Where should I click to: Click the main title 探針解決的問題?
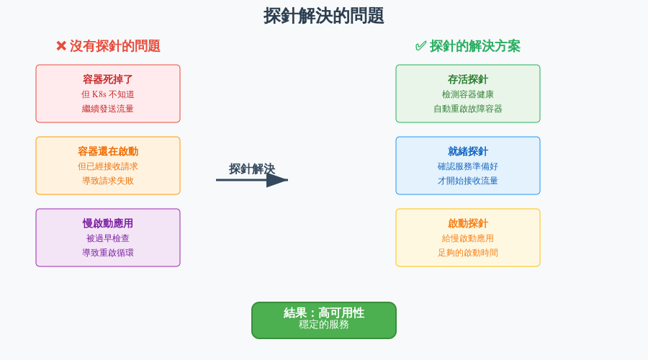tap(324, 16)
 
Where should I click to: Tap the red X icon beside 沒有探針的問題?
tap(61, 46)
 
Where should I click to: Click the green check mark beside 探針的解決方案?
tap(420, 46)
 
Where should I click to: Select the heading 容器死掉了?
tap(108, 79)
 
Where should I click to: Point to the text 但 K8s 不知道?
tap(108, 94)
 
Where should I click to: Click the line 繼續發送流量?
tap(108, 109)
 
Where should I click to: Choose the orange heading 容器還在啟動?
tap(108, 151)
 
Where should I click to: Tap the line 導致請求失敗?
tap(108, 181)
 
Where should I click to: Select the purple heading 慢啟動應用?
tap(108, 223)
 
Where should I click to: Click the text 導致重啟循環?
tap(108, 253)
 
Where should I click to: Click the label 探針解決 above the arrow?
tap(252, 168)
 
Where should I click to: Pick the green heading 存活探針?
tap(468, 79)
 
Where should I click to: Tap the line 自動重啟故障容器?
tap(468, 109)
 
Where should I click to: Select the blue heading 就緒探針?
tap(468, 151)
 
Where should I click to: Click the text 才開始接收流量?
tap(468, 181)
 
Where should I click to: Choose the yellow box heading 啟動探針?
tap(468, 223)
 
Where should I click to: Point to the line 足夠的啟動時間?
tap(468, 253)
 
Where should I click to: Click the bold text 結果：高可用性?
tap(324, 312)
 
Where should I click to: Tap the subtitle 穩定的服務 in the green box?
tap(324, 325)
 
